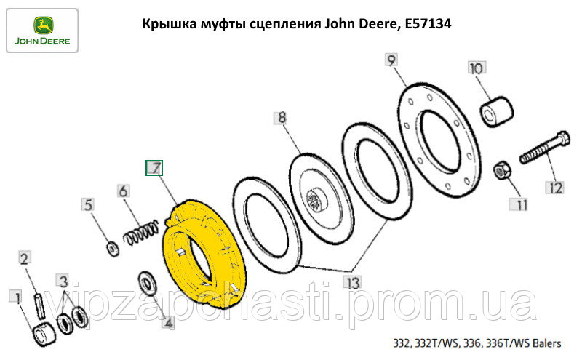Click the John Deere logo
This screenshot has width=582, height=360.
(x=42, y=31)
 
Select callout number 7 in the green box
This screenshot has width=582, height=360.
(x=154, y=168)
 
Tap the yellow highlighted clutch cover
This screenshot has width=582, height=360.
(x=204, y=255)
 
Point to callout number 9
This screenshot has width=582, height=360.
(x=391, y=60)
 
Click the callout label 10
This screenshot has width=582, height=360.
(x=477, y=68)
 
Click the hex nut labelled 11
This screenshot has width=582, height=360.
(x=502, y=170)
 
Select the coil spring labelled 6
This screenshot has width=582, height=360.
(x=141, y=233)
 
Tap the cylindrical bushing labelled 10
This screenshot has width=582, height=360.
(x=498, y=111)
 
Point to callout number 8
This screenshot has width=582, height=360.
(x=282, y=118)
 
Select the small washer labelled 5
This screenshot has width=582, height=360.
(x=113, y=248)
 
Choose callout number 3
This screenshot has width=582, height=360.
(x=63, y=281)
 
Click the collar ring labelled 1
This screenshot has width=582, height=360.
(x=44, y=335)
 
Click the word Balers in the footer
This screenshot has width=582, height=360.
(x=547, y=343)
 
